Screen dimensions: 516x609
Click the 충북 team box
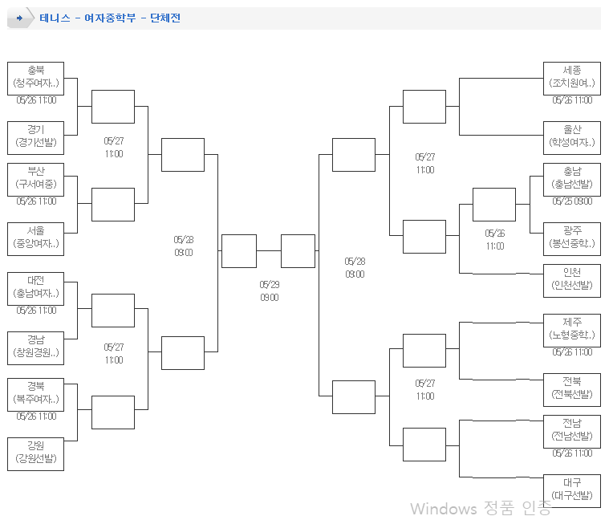[x=35, y=78]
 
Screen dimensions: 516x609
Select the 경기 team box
[x=35, y=137]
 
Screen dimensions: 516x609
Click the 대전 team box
[x=35, y=288]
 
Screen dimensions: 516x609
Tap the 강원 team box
[x=35, y=453]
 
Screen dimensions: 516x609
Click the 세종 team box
[x=571, y=78]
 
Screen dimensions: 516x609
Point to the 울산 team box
[x=571, y=137]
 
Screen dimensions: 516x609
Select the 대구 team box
[x=571, y=490]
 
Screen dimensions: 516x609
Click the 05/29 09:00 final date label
[x=269, y=291]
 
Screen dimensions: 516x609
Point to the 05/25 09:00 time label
[x=572, y=201]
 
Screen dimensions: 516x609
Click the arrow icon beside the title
[x=19, y=18]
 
